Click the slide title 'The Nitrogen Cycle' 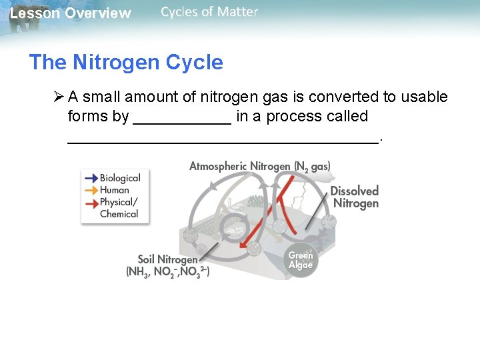click(x=126, y=63)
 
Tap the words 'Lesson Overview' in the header click(x=70, y=13)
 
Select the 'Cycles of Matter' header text click(x=209, y=12)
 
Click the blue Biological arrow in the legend click(x=90, y=178)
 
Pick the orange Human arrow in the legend click(x=90, y=190)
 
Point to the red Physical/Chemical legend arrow click(x=90, y=202)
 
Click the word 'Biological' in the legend click(x=120, y=178)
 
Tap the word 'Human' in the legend click(x=115, y=190)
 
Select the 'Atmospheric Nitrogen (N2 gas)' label click(x=259, y=166)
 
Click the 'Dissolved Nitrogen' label click(x=355, y=197)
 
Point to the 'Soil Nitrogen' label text click(x=167, y=259)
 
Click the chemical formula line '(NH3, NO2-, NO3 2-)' click(x=167, y=272)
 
